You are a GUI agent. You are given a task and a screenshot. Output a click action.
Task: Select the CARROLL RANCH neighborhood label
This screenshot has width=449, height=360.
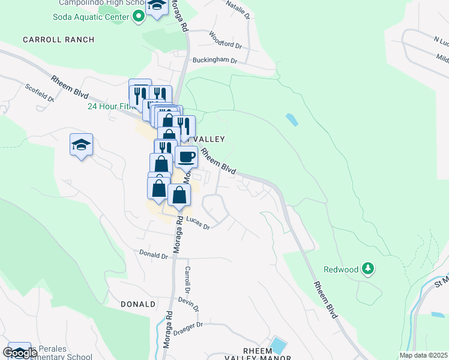[59, 40]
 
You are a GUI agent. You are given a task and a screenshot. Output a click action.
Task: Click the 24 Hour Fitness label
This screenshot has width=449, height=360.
[109, 106]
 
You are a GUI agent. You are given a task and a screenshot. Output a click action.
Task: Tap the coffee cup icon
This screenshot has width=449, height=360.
[186, 157]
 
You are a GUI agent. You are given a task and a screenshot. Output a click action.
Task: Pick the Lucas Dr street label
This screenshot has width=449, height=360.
[197, 223]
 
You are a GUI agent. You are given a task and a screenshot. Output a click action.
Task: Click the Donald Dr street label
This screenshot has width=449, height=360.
[154, 255]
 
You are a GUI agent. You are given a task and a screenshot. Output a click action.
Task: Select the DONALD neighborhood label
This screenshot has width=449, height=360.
[138, 304]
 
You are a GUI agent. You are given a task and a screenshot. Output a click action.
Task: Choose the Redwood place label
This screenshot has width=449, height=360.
[341, 270]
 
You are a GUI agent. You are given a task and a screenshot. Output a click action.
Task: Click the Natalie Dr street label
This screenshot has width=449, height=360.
[237, 10]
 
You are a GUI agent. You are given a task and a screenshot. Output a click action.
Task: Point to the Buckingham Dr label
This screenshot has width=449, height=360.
[215, 61]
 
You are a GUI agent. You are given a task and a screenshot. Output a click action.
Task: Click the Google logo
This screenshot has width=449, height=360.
[20, 353]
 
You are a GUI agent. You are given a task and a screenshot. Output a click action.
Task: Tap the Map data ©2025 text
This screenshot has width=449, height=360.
[424, 355]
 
